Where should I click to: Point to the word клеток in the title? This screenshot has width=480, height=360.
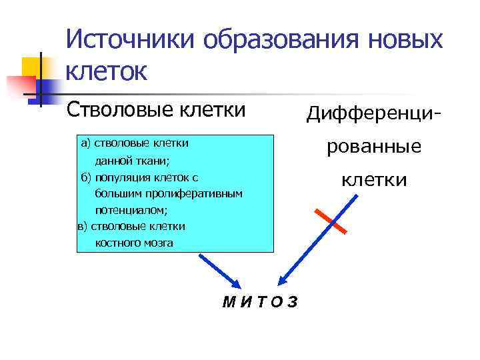(107, 71)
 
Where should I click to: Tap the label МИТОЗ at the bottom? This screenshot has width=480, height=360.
(261, 302)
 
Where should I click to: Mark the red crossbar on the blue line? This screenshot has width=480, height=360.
(330, 221)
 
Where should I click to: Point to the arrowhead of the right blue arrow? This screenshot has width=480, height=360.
(283, 282)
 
